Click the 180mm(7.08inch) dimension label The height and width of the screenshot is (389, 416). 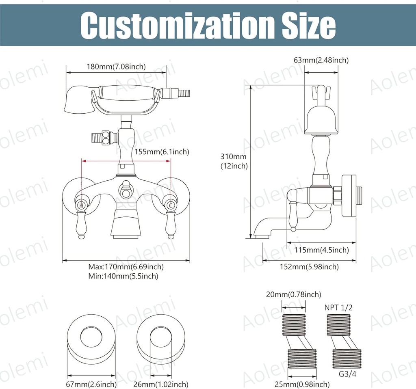pos(116,67)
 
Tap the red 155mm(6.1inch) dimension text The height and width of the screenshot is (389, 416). pos(161,152)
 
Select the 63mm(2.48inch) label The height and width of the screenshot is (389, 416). pos(321,60)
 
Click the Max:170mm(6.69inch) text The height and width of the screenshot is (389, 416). pos(126,267)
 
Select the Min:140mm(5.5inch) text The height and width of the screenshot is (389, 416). pos(123,276)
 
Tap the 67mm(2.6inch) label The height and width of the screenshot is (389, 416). pos(92,384)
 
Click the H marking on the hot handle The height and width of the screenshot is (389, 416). pos(82,206)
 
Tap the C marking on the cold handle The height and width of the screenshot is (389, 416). pos(171,206)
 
